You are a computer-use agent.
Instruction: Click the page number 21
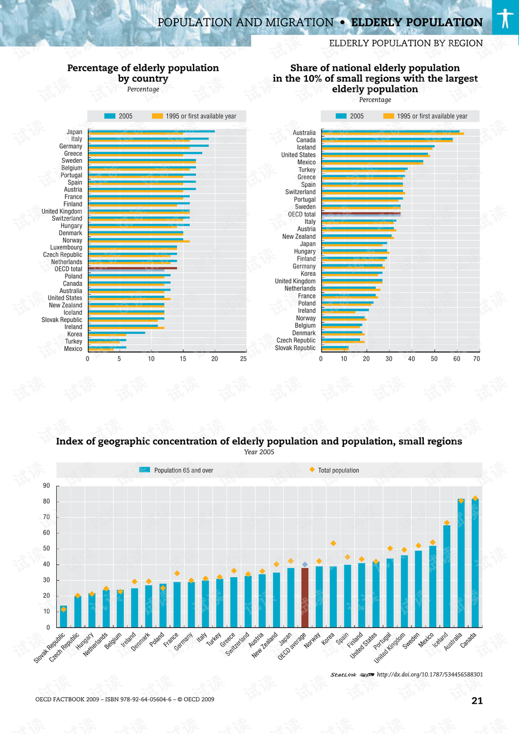[x=477, y=700]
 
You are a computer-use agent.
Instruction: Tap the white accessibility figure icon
[x=505, y=18]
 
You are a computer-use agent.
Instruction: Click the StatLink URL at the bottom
[x=429, y=675]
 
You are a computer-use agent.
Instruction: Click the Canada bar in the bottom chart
[x=475, y=563]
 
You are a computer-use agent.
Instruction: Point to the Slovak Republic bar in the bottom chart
[x=64, y=617]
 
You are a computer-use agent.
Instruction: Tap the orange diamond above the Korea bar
[x=334, y=543]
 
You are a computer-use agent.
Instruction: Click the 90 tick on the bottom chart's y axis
[x=46, y=486]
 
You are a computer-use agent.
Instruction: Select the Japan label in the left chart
[x=74, y=132]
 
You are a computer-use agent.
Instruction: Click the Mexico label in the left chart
[x=73, y=349]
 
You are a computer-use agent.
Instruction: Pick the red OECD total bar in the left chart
[x=132, y=268]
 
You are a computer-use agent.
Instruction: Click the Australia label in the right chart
[x=304, y=133]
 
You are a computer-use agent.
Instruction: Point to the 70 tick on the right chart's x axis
[x=476, y=359]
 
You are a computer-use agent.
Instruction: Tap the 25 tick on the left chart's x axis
[x=243, y=359]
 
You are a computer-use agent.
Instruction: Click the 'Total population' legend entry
[x=338, y=471]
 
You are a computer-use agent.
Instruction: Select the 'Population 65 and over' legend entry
[x=183, y=471]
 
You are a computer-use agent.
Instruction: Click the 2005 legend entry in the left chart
[x=125, y=116]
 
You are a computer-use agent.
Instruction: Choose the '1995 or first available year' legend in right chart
[x=431, y=116]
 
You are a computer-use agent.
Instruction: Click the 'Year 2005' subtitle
[x=259, y=452]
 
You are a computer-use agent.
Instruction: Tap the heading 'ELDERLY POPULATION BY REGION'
[x=405, y=43]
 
